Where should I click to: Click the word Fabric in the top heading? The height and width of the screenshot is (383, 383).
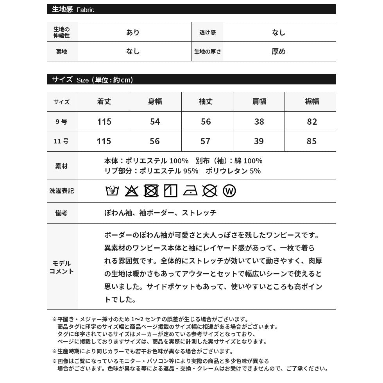[x=85, y=10]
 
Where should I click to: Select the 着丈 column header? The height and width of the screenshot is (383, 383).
[x=104, y=102]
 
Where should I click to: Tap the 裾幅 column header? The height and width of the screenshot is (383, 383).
[x=312, y=102]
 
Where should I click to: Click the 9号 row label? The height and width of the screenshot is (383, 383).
[x=61, y=122]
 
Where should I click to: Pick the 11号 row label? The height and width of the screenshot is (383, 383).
[x=61, y=141]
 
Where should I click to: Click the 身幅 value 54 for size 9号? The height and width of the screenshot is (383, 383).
[x=155, y=122]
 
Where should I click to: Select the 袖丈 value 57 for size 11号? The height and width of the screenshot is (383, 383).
[x=206, y=141]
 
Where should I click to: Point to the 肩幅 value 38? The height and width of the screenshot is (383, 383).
[x=259, y=122]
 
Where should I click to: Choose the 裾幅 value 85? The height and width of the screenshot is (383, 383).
[x=312, y=141]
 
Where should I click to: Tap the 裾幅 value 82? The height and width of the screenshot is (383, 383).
[x=312, y=122]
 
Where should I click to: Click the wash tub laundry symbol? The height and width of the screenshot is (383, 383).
[x=112, y=191]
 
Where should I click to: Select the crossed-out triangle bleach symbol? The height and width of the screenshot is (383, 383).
[x=132, y=191]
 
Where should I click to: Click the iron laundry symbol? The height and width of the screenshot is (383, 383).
[x=190, y=191]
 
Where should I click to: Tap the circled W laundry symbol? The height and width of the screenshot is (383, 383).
[x=229, y=191]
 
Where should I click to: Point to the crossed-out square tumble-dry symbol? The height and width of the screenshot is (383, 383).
[x=151, y=191]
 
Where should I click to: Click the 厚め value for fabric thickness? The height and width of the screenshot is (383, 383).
[x=279, y=52]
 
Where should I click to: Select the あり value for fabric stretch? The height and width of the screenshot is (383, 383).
[x=133, y=32]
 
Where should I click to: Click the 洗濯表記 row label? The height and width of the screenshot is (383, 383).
[x=61, y=191]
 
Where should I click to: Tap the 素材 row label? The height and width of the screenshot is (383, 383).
[x=61, y=166]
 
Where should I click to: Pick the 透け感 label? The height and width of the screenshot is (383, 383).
[x=208, y=32]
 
